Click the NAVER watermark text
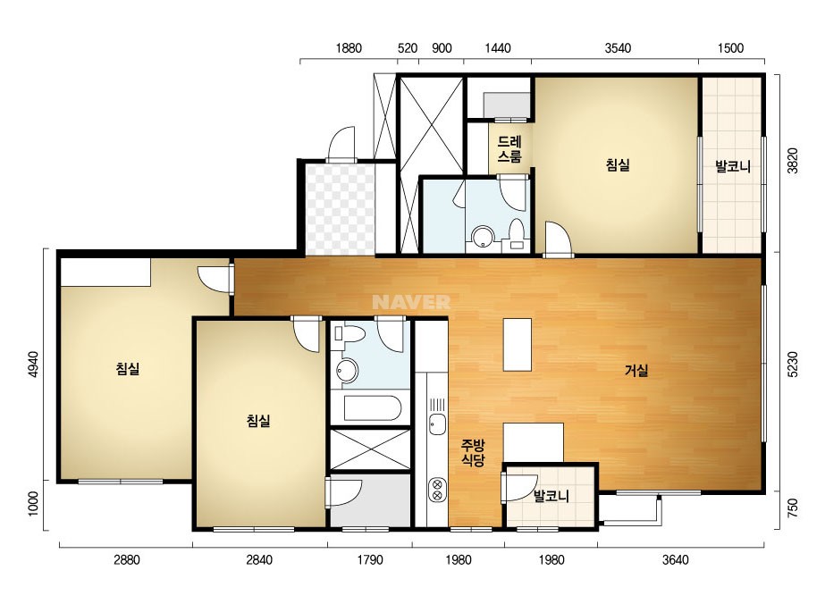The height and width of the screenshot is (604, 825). coord(411,301)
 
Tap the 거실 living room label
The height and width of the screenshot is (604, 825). coord(636,371)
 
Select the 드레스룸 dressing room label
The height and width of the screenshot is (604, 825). coord(509,149)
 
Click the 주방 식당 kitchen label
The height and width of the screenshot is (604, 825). coord(473,453)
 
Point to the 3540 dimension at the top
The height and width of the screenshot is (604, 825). coord(618,48)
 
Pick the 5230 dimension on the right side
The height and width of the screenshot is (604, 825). coord(792,364)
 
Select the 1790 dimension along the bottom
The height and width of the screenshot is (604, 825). coord(370,560)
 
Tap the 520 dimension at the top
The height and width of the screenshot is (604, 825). coord(408,48)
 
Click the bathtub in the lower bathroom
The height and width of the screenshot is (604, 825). coord(373,408)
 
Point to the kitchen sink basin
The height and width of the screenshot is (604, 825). coord(437,424)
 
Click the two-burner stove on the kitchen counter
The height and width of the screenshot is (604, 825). coord(437,490)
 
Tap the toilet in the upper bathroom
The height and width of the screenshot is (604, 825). coord(516,234)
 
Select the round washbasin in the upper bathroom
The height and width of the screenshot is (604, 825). coord(482,237)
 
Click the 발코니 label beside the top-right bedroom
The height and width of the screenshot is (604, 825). coord(732,167)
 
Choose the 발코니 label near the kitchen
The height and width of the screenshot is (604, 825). coord(551,496)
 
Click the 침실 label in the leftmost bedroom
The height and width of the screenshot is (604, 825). coord(128,368)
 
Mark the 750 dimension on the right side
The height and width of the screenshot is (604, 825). coord(792,508)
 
